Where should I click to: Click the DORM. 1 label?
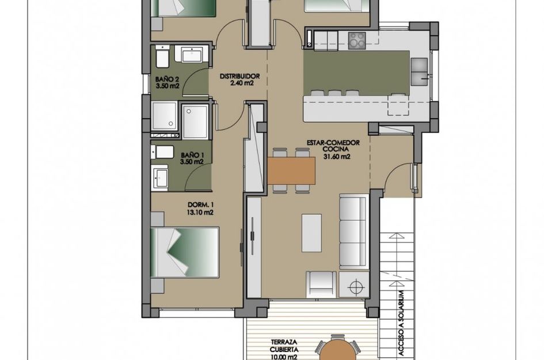click(x=200, y=204)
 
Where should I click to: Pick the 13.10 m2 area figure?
click(x=200, y=212)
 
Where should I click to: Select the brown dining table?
click(x=291, y=170)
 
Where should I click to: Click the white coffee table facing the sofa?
click(x=311, y=233)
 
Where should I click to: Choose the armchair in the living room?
click(x=321, y=284)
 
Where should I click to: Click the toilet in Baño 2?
click(x=162, y=58)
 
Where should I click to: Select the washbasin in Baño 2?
click(x=191, y=55)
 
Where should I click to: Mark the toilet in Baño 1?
click(x=162, y=152)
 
